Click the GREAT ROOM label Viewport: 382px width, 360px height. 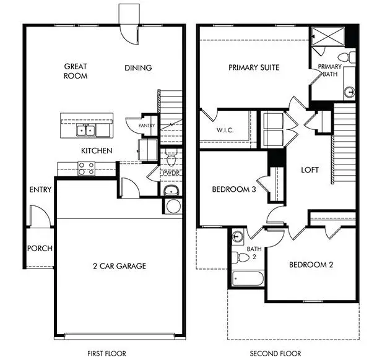(x=76, y=71)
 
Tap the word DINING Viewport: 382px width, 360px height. (x=138, y=68)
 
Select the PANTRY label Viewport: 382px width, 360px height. (x=146, y=125)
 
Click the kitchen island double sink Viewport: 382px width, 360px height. (x=87, y=129)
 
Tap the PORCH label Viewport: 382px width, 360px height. (x=40, y=249)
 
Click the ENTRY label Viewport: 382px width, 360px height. (x=40, y=190)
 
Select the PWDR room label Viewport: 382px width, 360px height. (x=170, y=173)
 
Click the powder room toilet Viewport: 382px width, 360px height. (x=171, y=153)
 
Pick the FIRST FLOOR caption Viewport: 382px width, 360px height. (x=107, y=353)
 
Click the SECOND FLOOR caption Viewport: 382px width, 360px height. (x=276, y=353)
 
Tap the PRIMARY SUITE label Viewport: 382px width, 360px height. (x=253, y=67)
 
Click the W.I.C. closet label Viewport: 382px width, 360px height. (x=224, y=131)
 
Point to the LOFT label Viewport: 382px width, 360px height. (x=310, y=169)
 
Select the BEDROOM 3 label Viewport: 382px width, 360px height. (x=234, y=190)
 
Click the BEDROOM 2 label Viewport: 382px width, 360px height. (x=311, y=265)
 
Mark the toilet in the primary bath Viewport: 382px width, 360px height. (x=351, y=58)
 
